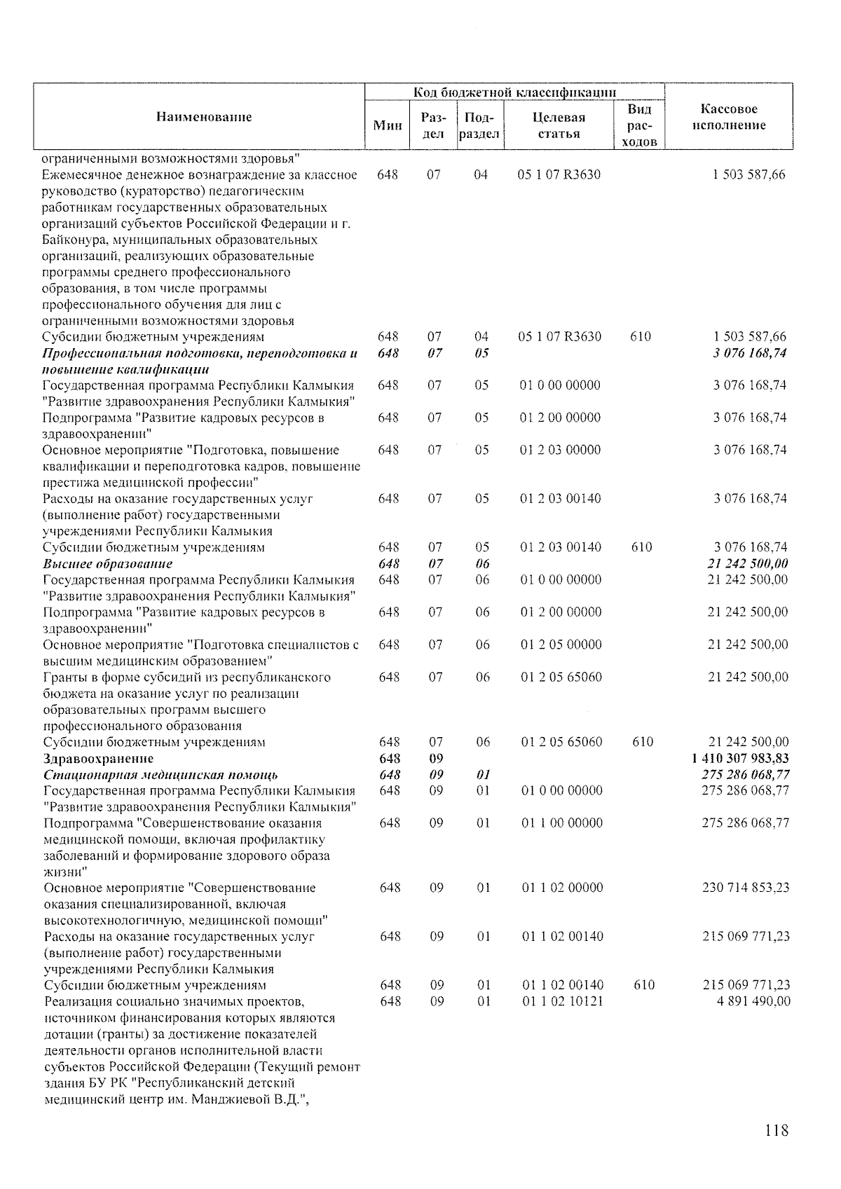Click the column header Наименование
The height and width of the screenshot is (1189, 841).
[x=203, y=117]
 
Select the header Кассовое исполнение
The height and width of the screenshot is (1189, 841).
[x=729, y=117]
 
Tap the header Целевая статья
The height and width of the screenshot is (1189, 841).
[x=559, y=125]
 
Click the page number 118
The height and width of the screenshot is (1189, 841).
[x=777, y=1130]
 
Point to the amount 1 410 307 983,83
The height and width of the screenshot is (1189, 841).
[x=740, y=758]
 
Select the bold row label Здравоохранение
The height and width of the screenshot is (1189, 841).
[x=98, y=758]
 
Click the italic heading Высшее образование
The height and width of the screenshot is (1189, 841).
[x=108, y=564]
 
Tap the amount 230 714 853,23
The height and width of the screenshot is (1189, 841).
[x=746, y=888]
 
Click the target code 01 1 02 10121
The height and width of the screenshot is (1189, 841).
[x=563, y=1001]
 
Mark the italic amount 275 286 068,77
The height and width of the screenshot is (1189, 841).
[x=746, y=774]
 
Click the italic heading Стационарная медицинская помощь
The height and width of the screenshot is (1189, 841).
[x=160, y=774]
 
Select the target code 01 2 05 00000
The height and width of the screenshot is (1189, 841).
[x=561, y=645]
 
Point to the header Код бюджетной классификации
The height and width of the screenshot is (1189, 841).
[x=515, y=92]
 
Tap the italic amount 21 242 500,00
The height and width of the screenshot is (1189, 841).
[x=748, y=564]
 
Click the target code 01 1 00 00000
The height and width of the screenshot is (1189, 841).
[x=562, y=823]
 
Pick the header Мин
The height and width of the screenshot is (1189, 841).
[x=388, y=125]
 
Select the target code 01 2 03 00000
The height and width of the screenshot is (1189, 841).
[x=560, y=450]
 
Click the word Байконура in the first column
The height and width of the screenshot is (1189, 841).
[x=70, y=240]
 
